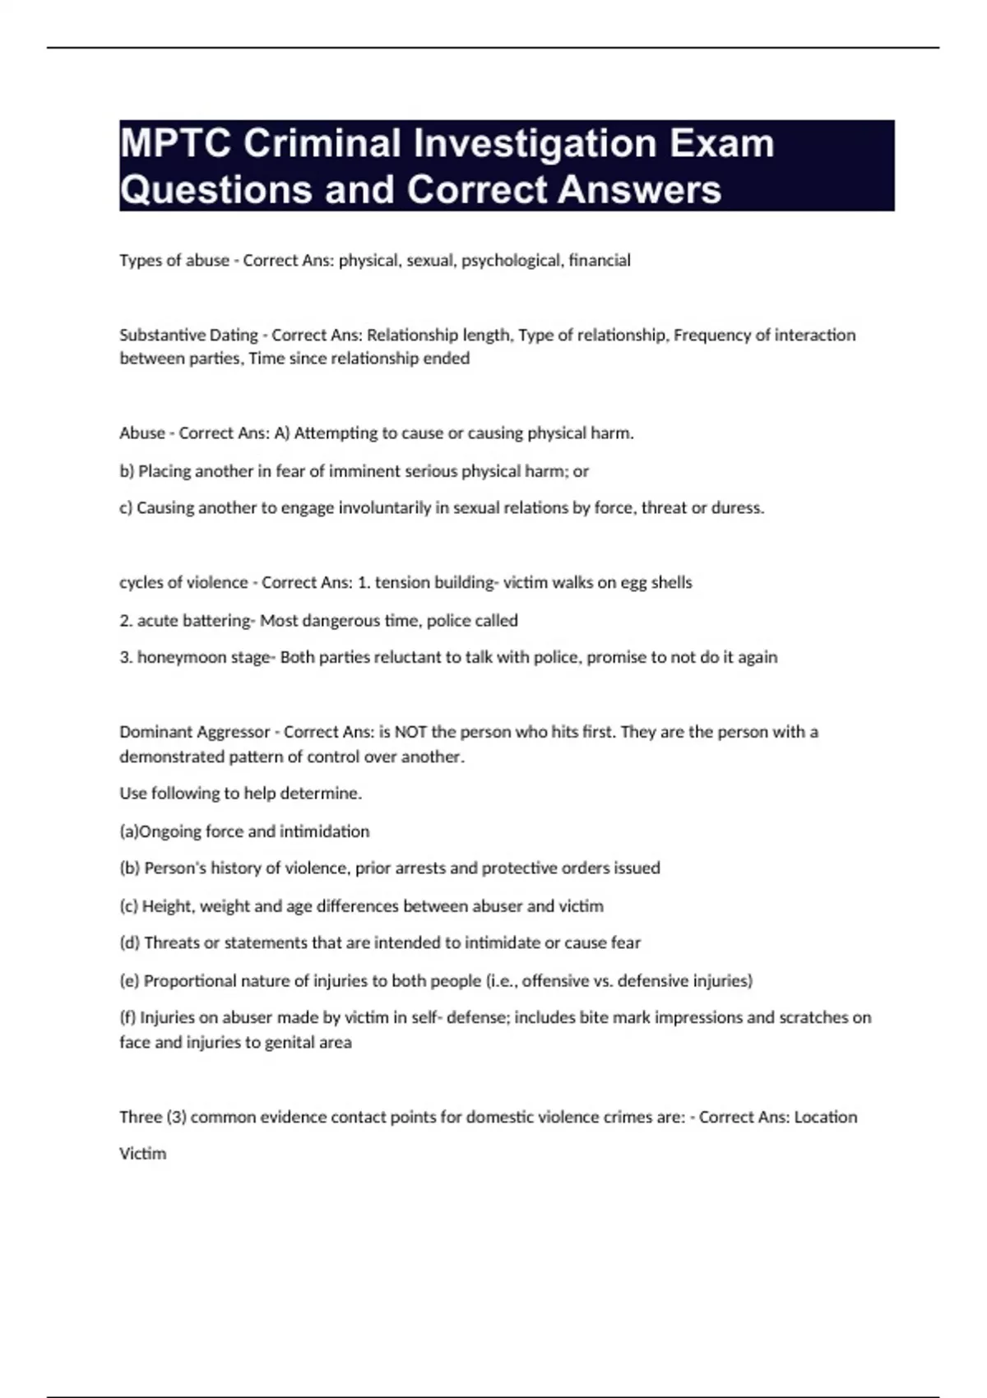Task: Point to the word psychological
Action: click(x=511, y=261)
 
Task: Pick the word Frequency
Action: click(x=711, y=336)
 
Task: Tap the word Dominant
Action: click(x=154, y=732)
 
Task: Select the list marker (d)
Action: click(x=129, y=943)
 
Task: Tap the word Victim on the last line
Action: click(x=143, y=1154)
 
